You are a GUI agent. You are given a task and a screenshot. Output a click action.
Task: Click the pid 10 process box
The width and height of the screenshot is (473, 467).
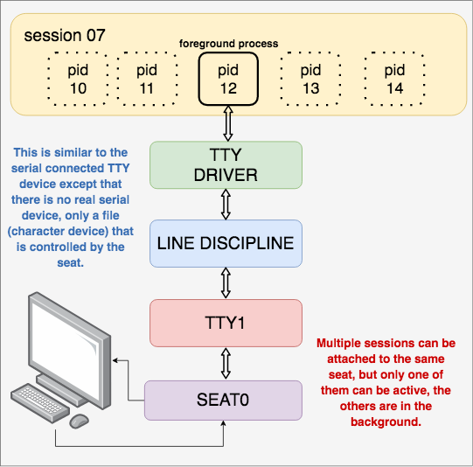(78, 79)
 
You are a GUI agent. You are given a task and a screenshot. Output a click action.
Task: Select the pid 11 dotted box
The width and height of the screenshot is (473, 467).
(147, 79)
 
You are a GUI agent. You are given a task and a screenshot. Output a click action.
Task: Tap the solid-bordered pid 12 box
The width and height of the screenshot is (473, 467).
(228, 79)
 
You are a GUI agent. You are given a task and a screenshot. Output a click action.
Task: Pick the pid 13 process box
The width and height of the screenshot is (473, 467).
(310, 79)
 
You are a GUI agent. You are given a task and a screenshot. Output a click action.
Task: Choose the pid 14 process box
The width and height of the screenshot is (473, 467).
(394, 79)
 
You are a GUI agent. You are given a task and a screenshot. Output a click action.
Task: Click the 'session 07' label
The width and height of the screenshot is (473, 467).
(65, 35)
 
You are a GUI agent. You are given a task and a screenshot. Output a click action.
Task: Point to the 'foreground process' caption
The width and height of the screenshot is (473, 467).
(229, 44)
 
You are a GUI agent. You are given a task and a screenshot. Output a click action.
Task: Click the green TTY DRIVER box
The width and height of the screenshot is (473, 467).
(226, 165)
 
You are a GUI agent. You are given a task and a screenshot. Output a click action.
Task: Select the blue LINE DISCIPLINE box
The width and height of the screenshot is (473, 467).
(226, 243)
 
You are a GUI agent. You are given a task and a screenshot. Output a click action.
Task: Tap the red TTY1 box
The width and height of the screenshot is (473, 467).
(226, 323)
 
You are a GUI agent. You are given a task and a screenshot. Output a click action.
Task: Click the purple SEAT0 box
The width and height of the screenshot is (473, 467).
(223, 401)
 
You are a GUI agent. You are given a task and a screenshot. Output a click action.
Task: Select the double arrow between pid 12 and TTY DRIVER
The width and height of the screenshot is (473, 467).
(228, 123)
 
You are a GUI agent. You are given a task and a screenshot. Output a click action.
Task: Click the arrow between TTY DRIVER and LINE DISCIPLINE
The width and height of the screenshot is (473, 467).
(226, 205)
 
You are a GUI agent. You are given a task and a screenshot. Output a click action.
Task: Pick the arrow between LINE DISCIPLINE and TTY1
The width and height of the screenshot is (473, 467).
(226, 283)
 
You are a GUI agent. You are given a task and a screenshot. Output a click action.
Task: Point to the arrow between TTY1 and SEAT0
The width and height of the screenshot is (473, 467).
(226, 364)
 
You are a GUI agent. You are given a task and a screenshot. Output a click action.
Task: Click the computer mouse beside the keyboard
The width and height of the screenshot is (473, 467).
(79, 421)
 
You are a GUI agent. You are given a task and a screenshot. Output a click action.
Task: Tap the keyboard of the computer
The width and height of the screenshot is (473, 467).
(40, 403)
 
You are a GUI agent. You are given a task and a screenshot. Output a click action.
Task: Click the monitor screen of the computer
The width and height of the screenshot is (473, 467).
(66, 349)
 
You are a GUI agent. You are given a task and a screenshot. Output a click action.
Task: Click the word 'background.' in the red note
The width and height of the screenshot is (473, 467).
(386, 422)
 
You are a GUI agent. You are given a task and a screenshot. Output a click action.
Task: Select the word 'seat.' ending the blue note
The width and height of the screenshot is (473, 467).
(71, 262)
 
